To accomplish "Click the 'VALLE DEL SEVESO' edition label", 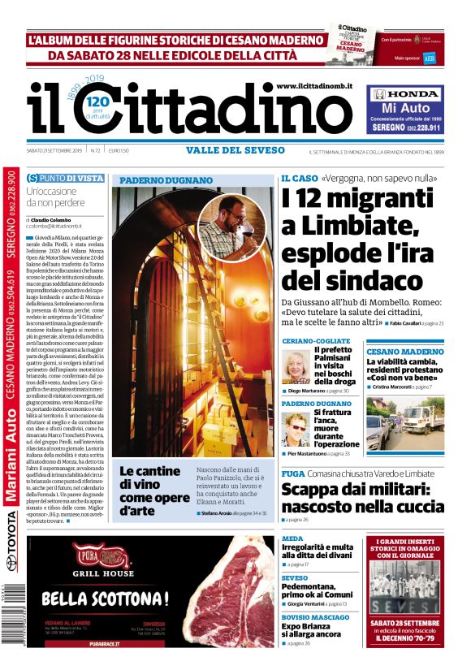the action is pos(235,150).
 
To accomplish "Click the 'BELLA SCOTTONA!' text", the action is pos(105,599).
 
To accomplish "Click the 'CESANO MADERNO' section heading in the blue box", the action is pos(404,352).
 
